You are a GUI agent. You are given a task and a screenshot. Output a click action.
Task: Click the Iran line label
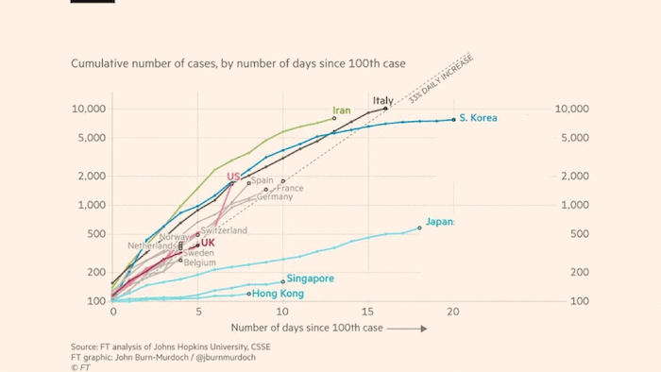tap(342, 110)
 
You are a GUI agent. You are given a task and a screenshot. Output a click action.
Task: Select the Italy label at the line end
tap(382, 101)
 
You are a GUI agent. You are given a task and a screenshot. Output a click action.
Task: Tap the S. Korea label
tap(478, 118)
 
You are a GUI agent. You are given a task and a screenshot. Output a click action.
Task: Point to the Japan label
tap(441, 222)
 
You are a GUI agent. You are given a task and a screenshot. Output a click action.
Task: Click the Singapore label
tap(311, 279)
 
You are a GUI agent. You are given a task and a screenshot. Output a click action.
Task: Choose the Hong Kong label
tap(279, 294)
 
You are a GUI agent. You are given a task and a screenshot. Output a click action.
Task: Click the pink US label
tap(233, 176)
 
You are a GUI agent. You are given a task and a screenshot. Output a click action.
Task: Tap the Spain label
tap(263, 180)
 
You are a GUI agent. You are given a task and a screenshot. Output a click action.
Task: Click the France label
tap(290, 189)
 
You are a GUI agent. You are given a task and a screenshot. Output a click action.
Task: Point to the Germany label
tap(275, 197)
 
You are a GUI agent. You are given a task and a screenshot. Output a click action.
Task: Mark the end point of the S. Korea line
tap(453, 119)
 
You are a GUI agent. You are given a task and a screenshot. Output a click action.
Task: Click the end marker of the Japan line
tap(419, 227)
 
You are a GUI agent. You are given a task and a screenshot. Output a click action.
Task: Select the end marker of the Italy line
tap(385, 109)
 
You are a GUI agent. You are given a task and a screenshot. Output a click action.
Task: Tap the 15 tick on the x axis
tap(368, 311)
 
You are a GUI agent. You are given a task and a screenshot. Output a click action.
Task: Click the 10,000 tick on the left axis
tap(90, 109)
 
